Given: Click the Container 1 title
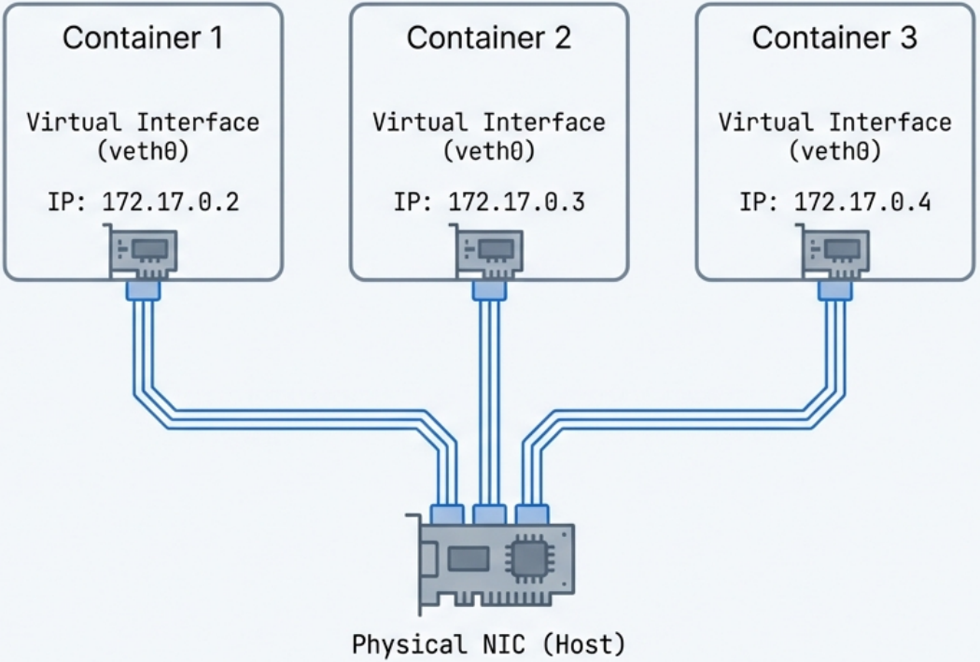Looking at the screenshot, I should (x=143, y=38).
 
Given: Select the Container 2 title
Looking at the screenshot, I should (x=489, y=38).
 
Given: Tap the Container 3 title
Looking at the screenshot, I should (x=834, y=38).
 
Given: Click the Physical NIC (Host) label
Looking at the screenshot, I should (x=489, y=644).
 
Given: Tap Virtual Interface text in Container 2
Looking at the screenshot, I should (x=489, y=122).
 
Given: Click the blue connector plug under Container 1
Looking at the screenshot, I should (x=143, y=292).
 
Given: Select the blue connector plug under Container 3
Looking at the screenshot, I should (x=834, y=292).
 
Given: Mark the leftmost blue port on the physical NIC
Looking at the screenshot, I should (x=447, y=514).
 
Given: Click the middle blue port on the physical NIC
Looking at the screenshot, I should (x=489, y=514).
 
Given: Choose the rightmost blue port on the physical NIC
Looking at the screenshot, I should (x=531, y=514).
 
